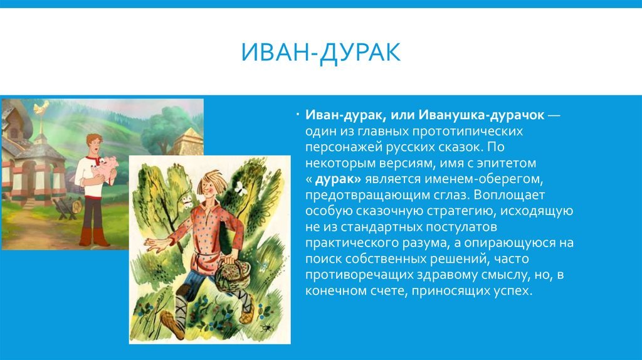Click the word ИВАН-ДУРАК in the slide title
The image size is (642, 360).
(x=320, y=53)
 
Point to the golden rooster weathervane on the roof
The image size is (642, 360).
(x=41, y=107)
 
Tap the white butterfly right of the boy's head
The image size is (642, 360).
(x=239, y=188)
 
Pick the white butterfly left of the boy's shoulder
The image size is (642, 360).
(x=187, y=201)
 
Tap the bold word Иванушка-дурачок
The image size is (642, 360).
(x=481, y=115)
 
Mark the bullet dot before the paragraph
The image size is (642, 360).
(x=298, y=115)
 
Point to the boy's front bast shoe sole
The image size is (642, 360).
(x=172, y=324)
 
